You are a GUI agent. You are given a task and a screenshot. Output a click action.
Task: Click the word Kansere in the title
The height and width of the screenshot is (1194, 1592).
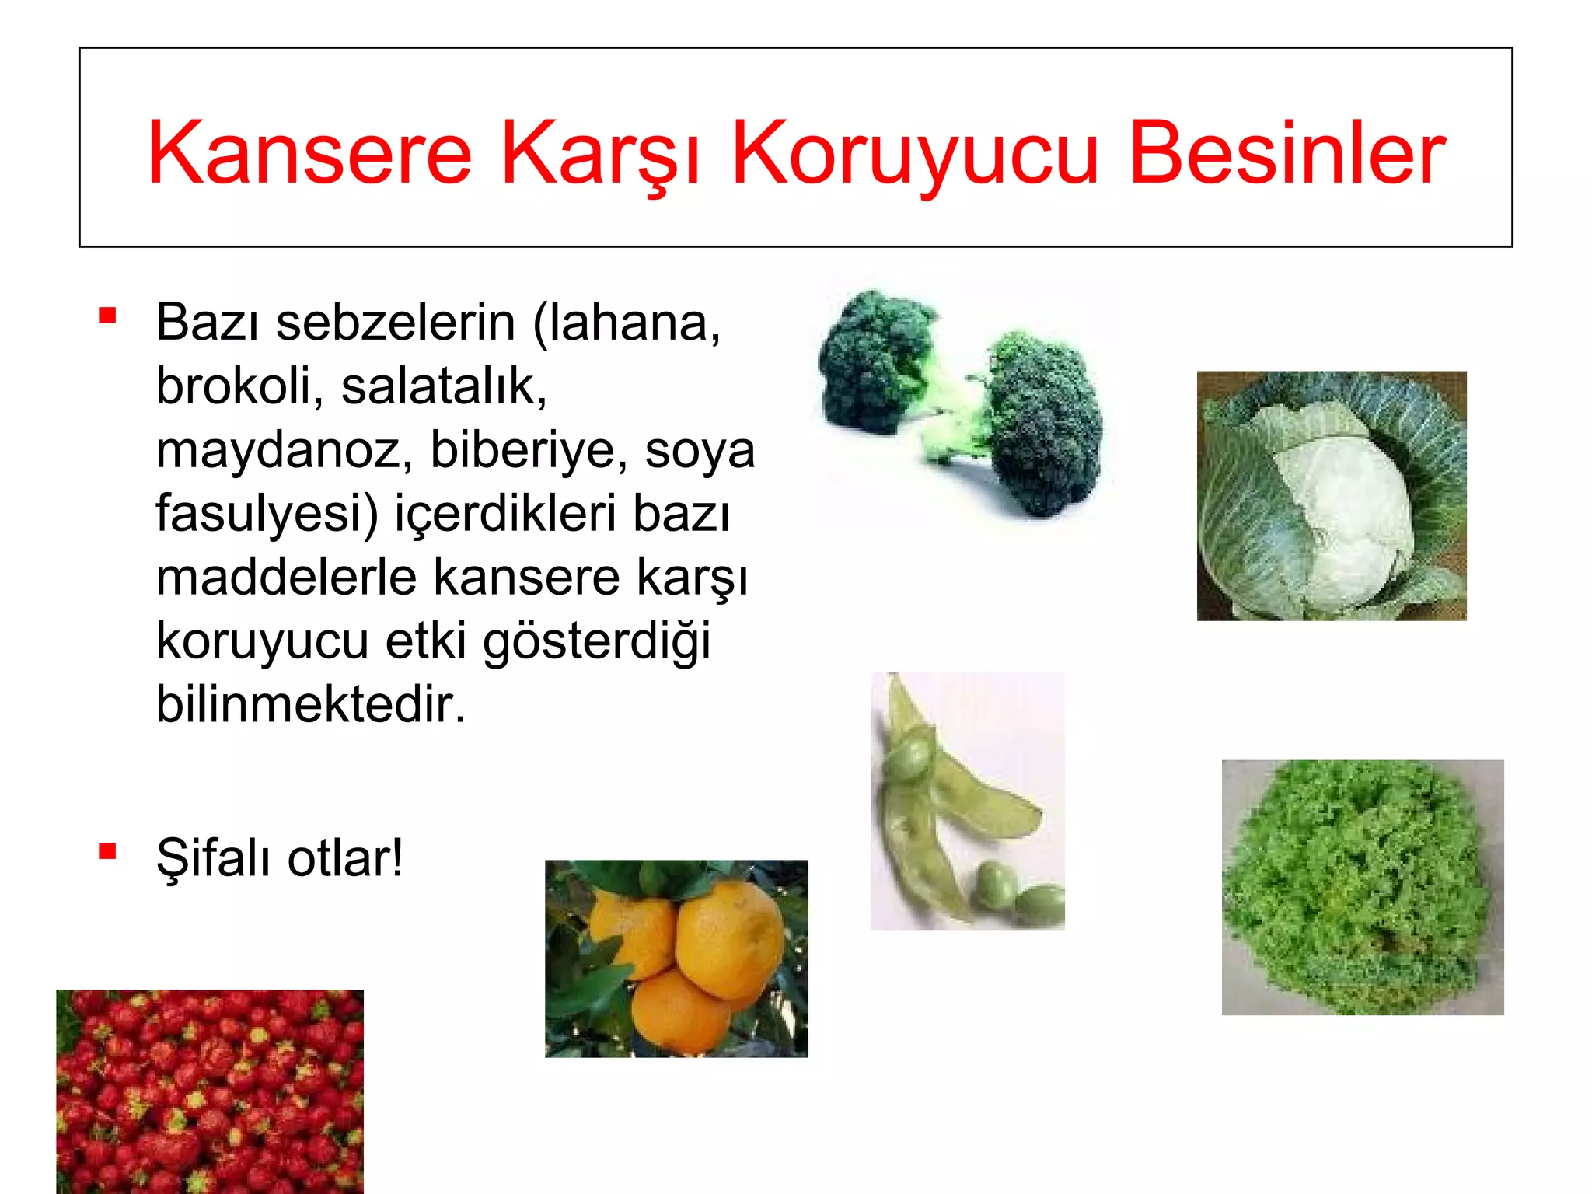point(309,153)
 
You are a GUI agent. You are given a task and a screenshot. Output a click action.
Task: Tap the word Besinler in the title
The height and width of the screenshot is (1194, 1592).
point(1287,153)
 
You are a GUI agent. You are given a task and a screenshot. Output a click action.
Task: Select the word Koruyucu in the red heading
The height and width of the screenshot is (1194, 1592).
point(915,153)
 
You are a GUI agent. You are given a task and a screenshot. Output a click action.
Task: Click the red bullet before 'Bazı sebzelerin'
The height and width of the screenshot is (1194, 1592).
point(108,316)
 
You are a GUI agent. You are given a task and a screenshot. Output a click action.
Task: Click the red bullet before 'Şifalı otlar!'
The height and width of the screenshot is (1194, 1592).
point(108,852)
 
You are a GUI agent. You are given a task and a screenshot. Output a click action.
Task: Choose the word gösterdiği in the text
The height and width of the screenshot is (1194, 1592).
point(596,642)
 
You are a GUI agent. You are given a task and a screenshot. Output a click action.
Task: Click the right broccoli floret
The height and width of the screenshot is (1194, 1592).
point(1046,424)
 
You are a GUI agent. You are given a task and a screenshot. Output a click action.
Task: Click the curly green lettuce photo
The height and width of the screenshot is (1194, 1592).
point(1362,886)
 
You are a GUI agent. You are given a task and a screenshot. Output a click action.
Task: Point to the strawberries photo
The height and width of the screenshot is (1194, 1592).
point(210,1090)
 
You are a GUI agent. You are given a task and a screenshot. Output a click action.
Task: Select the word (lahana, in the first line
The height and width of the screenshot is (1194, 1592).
point(627,322)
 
